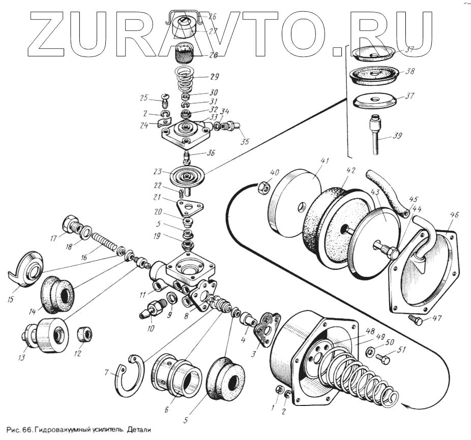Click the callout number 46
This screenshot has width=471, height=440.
pos(454,215)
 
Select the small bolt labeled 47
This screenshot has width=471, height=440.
pos(415,320)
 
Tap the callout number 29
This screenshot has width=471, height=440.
pos(214,77)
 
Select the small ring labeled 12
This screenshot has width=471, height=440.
pos(84,334)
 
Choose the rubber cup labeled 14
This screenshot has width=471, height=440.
pos(56,294)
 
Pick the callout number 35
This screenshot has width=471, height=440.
pos(245,142)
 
